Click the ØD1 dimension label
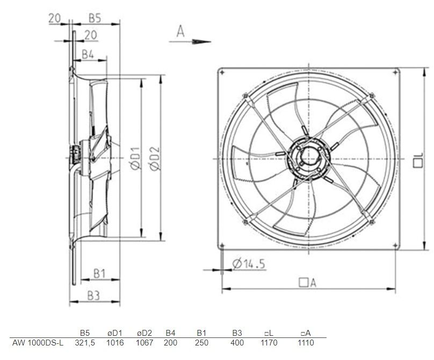(135, 158)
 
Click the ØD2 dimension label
(155, 159)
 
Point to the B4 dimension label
(88, 55)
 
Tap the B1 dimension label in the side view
(99, 273)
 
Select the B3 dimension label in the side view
(93, 296)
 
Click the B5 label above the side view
(95, 18)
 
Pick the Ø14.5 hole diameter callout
(249, 263)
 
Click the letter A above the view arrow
(180, 31)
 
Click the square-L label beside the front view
(418, 160)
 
